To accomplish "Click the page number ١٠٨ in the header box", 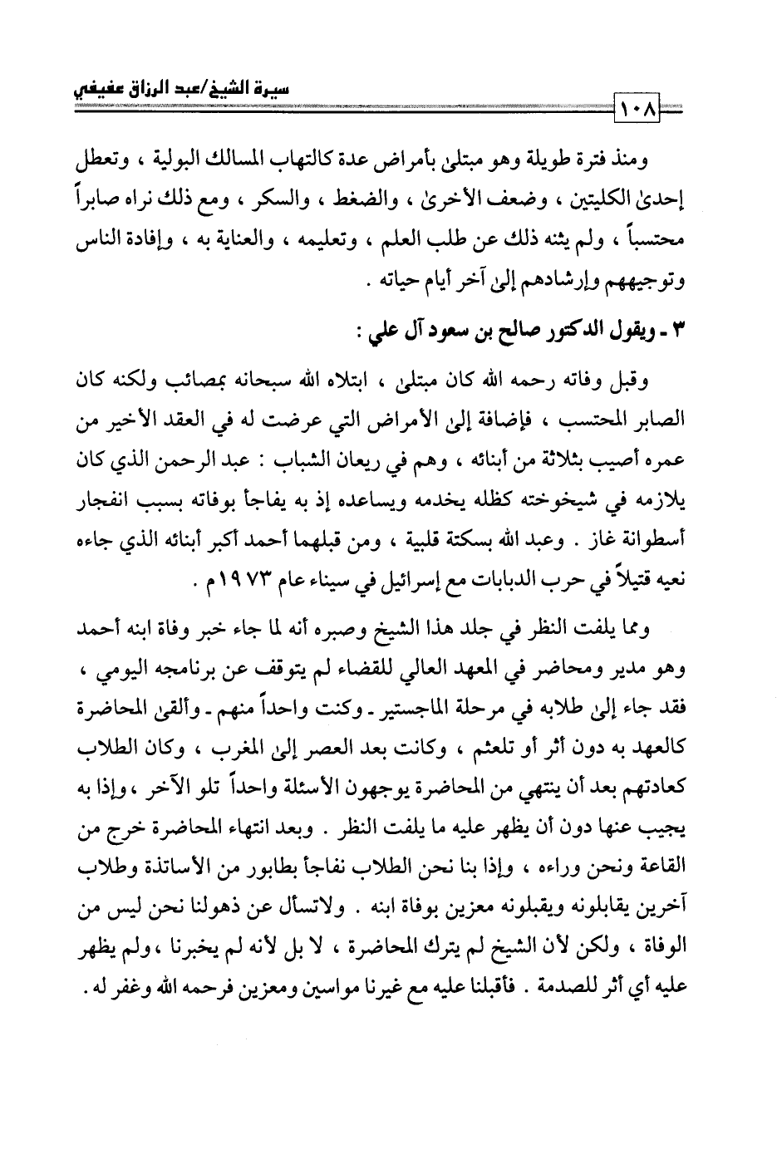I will (636, 108).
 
